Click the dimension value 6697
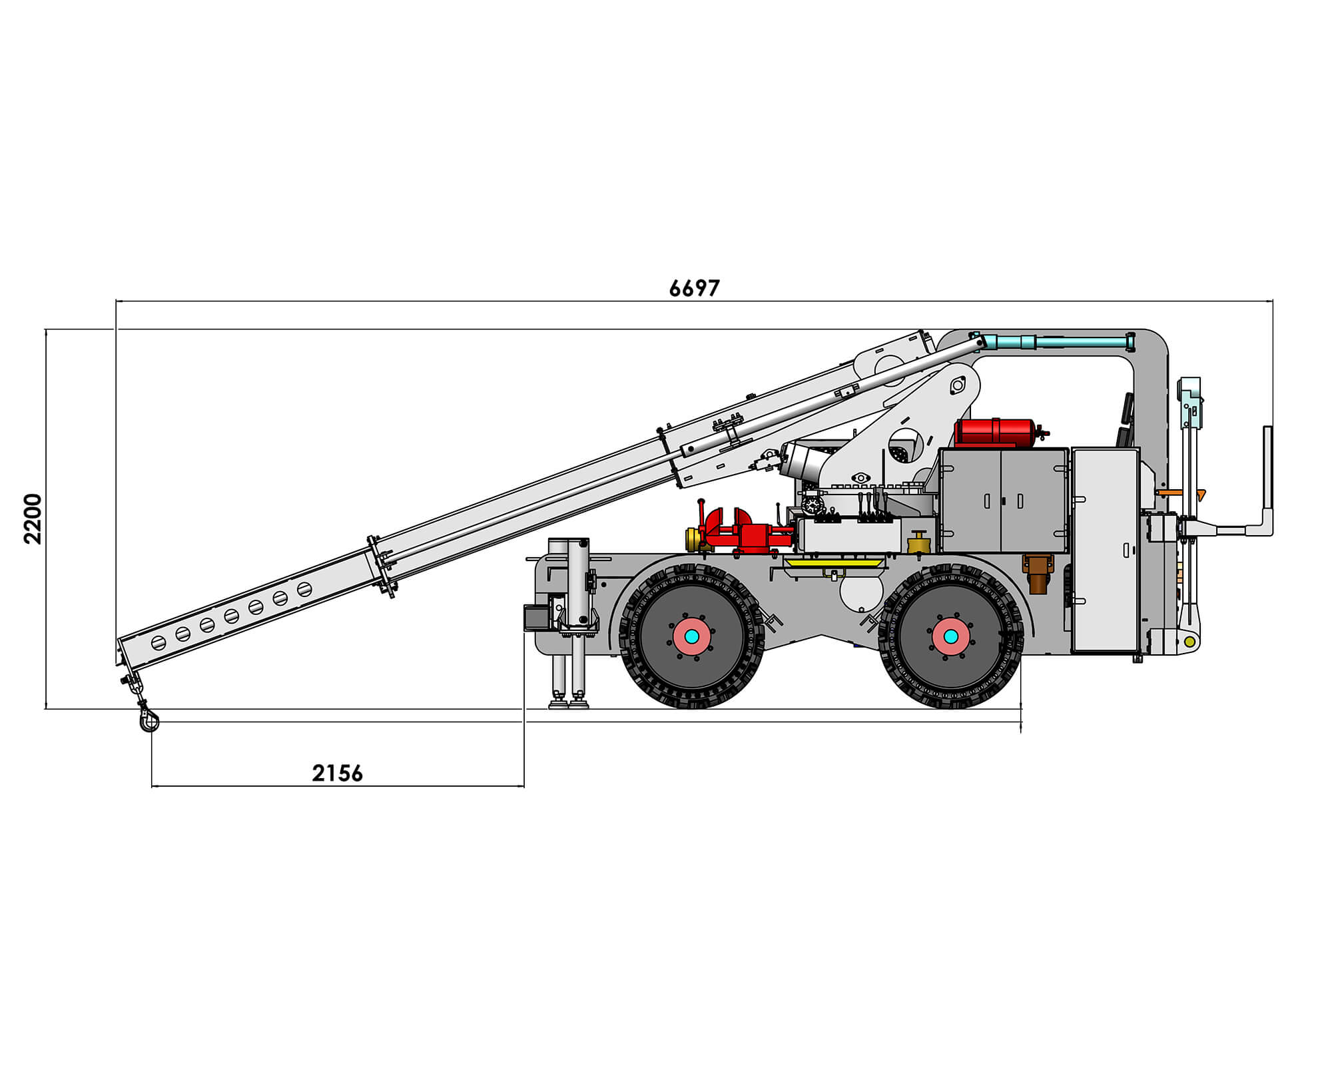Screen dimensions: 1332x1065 pyautogui.click(x=694, y=288)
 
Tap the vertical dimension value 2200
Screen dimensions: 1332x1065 pyautogui.click(x=33, y=519)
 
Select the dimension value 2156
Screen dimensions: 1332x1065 pyautogui.click(x=338, y=773)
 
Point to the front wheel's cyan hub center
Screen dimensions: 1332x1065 pyautogui.click(x=692, y=636)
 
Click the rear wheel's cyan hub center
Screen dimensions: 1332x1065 pyautogui.click(x=951, y=636)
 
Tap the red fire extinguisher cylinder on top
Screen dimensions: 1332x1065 pyautogui.click(x=995, y=433)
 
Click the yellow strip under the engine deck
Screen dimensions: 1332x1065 pyautogui.click(x=834, y=563)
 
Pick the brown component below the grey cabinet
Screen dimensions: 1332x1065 pyautogui.click(x=1038, y=572)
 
